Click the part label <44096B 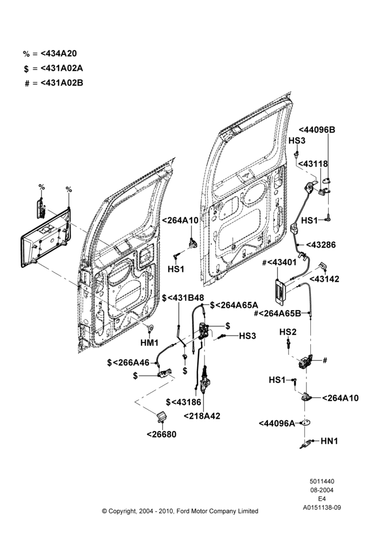(317, 130)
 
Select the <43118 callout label (313, 163)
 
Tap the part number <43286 (321, 245)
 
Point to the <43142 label (324, 279)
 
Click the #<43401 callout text (279, 262)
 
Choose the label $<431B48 (183, 298)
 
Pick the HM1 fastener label (150, 343)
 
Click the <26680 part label (162, 434)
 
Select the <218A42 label (202, 416)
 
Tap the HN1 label (329, 441)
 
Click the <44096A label (277, 423)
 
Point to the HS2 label (288, 332)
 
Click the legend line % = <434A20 (50, 54)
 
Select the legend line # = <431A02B (54, 83)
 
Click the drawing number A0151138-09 (322, 508)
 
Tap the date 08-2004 (322, 490)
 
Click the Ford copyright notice (180, 511)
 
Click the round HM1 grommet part (150, 327)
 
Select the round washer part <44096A (305, 422)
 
